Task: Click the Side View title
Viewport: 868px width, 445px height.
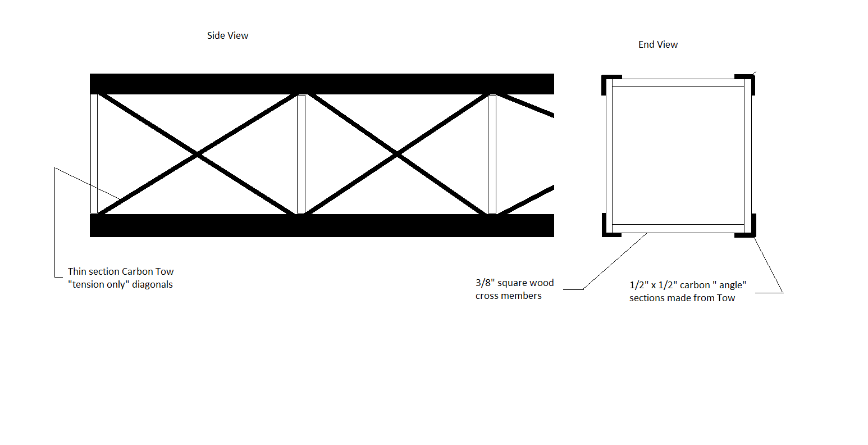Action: click(x=227, y=35)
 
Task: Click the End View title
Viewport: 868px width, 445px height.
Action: click(x=658, y=44)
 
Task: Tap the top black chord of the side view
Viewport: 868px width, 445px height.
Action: click(x=322, y=84)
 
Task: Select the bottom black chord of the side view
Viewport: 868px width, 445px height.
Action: click(x=322, y=225)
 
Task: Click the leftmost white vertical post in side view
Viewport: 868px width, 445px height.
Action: click(x=94, y=154)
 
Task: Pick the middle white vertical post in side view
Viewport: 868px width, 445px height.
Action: click(x=301, y=154)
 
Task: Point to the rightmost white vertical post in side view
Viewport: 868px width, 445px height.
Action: click(x=492, y=154)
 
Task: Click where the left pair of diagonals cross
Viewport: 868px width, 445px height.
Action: click(x=198, y=155)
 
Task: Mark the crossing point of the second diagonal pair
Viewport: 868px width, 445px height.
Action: click(x=397, y=155)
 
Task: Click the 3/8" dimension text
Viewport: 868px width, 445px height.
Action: click(x=485, y=283)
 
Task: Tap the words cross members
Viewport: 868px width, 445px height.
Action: click(x=509, y=296)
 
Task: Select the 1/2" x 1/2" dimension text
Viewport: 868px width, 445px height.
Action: click(x=654, y=285)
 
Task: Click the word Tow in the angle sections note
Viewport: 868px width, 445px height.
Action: click(x=726, y=298)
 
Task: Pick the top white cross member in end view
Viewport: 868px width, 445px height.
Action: click(x=678, y=83)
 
